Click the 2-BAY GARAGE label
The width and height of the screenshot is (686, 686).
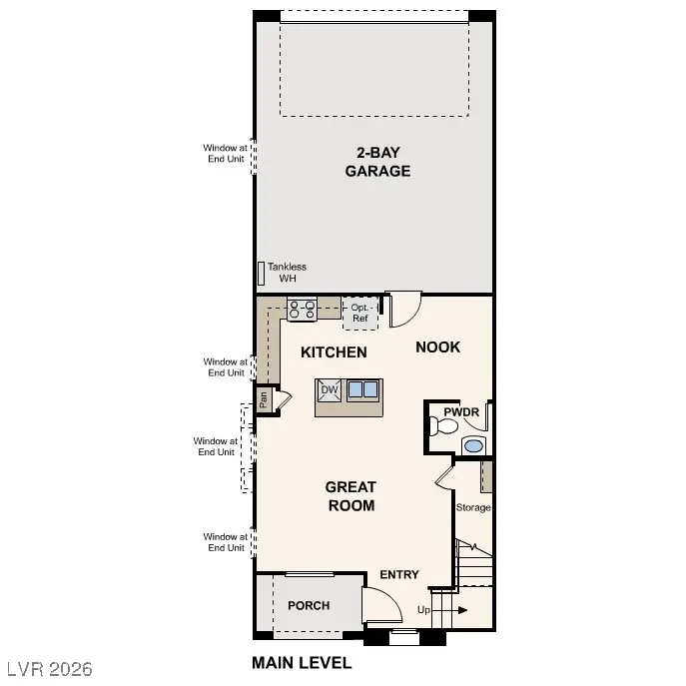377,162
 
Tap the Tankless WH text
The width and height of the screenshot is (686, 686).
287,273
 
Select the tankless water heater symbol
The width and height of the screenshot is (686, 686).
262,273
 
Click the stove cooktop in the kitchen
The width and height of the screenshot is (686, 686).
303,312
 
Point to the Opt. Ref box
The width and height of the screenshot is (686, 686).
360,313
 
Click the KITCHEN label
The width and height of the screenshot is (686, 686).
334,352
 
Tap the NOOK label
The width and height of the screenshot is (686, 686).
438,347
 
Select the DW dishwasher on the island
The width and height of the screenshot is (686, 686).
330,390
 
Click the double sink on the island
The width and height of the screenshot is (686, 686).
361,390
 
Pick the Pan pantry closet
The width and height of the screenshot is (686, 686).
264,399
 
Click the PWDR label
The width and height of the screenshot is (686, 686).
461,411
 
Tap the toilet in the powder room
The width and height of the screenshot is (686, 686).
440,427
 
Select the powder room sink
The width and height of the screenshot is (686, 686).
474,445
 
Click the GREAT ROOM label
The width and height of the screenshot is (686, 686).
350,496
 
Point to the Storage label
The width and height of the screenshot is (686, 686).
473,507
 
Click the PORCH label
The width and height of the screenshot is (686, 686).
309,606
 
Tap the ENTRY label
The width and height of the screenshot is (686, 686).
399,574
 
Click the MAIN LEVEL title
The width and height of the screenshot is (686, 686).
302,663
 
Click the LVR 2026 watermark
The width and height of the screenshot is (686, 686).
48,666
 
